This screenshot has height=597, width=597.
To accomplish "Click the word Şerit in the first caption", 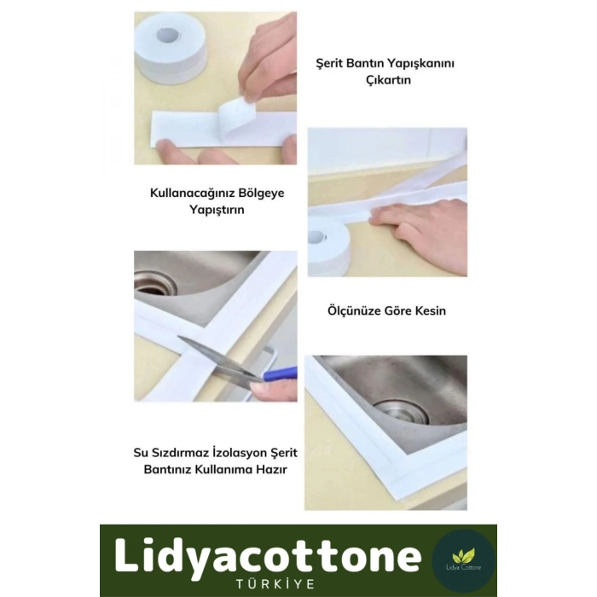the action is (329, 64).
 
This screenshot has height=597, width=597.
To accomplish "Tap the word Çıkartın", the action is (388, 80).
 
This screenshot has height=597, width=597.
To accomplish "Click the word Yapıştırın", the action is (217, 210).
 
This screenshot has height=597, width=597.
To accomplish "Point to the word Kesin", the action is (430, 310).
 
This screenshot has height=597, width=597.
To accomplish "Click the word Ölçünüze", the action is (355, 310).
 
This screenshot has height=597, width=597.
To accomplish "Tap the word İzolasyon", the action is (240, 453).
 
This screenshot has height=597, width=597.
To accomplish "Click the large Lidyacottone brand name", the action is (268, 556).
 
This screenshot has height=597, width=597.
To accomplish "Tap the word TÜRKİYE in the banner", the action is (275, 584).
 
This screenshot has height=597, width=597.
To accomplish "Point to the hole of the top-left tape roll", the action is (168, 36).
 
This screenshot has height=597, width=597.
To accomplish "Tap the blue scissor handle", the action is (280, 374).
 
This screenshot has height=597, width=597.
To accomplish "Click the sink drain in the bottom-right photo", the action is (403, 412).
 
